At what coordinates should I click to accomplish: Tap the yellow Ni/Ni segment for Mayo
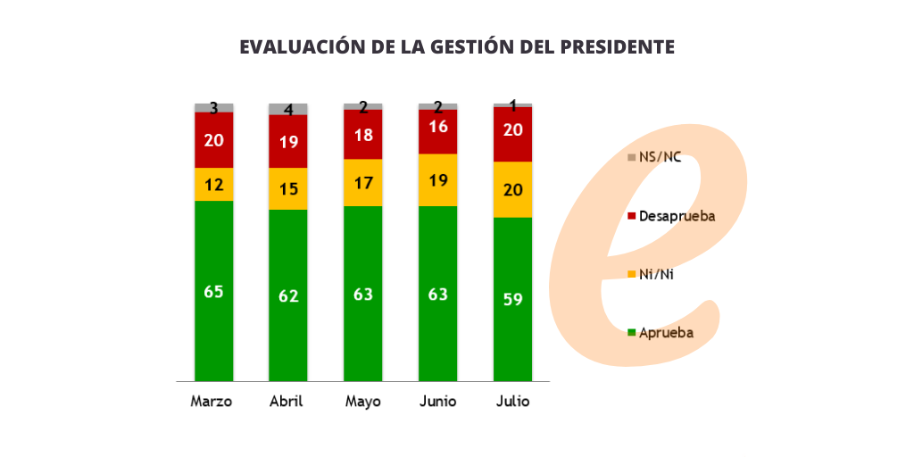coord(363,182)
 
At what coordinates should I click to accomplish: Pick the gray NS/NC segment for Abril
coord(288,109)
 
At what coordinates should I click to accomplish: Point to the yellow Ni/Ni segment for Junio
coord(437,179)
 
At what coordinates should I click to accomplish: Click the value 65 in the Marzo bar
coord(213,291)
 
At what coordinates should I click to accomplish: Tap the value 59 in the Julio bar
coord(512,300)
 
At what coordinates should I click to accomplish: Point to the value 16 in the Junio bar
coord(437,127)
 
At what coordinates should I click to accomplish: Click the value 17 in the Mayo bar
coord(363,183)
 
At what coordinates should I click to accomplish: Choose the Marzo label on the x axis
coord(212,402)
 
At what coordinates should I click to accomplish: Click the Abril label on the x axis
coord(287,402)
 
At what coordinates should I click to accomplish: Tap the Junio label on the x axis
coord(438,402)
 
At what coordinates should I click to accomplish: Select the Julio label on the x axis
coord(513,402)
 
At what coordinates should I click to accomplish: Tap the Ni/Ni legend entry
coord(655,274)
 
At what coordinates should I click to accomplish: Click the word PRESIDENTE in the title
coord(617,47)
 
